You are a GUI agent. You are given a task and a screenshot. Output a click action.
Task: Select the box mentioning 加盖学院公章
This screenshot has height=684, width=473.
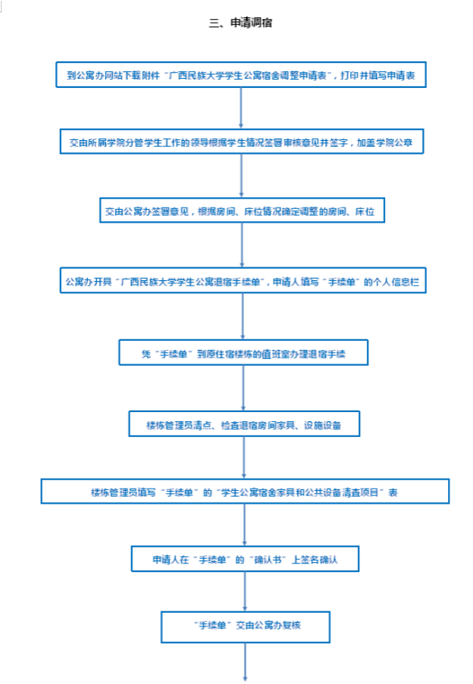[241, 142]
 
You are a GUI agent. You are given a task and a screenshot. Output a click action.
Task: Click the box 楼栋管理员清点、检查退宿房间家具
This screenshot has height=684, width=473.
[243, 423]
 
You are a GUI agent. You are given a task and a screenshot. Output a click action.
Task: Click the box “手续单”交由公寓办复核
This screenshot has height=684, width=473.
[246, 626]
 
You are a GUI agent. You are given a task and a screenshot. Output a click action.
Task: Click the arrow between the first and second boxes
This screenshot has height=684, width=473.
[240, 108]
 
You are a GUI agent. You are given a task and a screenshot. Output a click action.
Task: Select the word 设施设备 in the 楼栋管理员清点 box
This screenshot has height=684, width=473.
[321, 423]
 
